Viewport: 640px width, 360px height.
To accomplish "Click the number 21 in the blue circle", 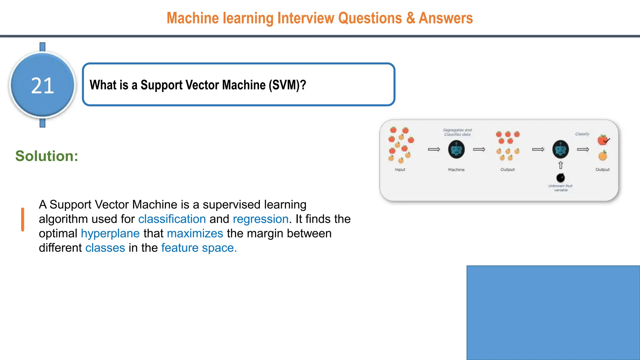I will pos(42,86).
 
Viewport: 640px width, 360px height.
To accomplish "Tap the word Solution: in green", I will pos(47,156).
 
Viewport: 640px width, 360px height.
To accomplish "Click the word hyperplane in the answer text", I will pos(110,233).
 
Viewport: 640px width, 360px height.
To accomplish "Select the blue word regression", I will pos(261,219).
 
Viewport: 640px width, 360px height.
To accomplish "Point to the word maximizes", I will pos(195,233).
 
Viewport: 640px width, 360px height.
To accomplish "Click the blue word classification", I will pos(172,219).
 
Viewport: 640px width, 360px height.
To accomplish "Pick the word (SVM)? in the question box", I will pos(287,85).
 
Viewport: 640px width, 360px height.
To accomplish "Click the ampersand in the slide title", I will pos(410,18).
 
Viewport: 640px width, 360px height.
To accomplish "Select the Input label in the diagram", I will pos(400,169).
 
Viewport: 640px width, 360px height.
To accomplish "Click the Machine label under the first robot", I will pos(456,169).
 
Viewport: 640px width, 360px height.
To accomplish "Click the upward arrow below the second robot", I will pos(561,165).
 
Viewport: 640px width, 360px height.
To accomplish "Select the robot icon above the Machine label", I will pos(456,149).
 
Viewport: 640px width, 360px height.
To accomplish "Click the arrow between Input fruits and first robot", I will pos(434,149).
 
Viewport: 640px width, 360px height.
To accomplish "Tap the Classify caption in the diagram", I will pos(582,134).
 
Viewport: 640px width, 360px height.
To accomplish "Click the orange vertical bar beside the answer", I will pos(22,219).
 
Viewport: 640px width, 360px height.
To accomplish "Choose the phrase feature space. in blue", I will pos(199,248).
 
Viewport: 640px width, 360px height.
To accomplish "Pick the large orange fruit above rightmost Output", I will pos(603,156).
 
